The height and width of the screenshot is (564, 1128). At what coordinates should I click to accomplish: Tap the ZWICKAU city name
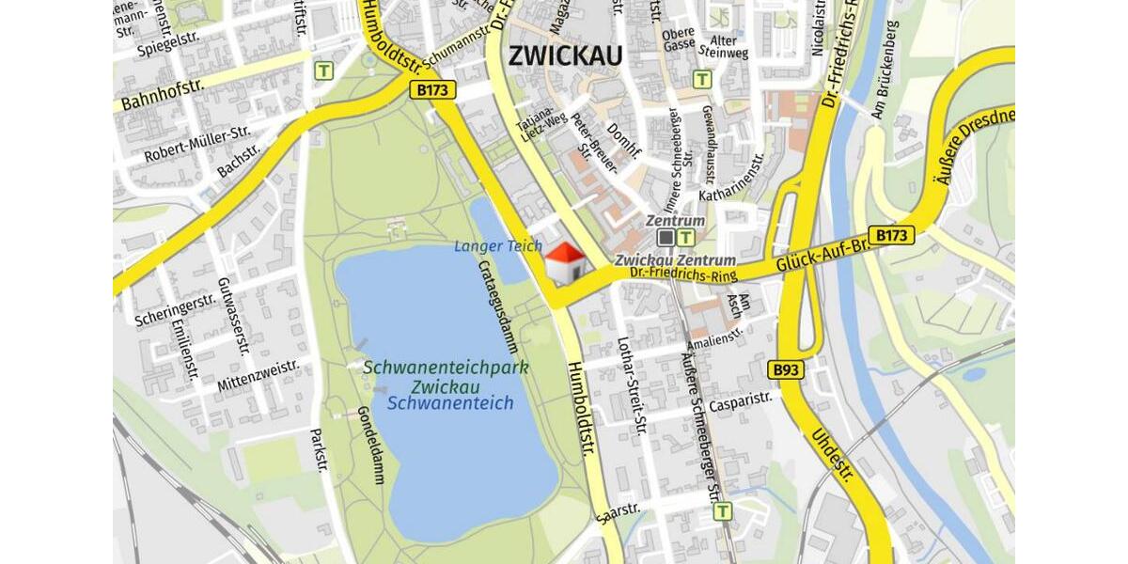click(565, 56)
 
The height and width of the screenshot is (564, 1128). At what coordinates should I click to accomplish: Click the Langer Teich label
click(498, 246)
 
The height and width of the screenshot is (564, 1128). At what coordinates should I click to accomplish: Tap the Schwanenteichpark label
click(446, 368)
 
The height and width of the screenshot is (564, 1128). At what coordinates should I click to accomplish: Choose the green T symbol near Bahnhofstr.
click(324, 70)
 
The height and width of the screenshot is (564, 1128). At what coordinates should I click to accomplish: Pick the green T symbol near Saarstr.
click(722, 511)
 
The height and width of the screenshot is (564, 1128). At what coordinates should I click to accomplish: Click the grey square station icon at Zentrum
click(666, 238)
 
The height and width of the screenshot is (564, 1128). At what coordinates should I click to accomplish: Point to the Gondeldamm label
click(373, 444)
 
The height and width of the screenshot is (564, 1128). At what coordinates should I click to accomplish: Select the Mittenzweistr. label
click(258, 375)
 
